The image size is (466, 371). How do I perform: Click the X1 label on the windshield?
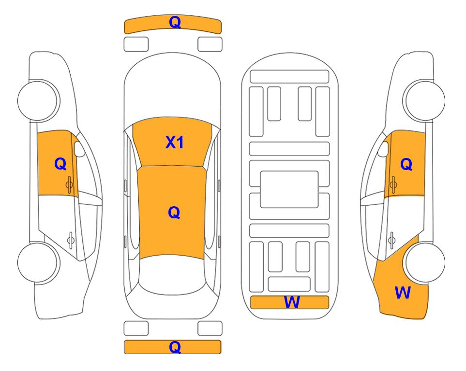coord(175,143)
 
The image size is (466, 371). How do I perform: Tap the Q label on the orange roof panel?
coord(174,213)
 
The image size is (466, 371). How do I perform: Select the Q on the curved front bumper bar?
coord(175,22)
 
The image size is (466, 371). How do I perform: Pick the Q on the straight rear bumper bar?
coord(175,347)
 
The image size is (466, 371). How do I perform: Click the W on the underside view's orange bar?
coord(292,302)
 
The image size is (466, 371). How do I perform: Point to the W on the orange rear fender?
coord(403,293)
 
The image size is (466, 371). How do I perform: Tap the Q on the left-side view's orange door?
coord(60,164)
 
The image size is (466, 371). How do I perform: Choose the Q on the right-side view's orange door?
coord(406,164)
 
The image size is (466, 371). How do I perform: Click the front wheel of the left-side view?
coord(38,100)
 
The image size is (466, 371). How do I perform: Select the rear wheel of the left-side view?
coord(38,263)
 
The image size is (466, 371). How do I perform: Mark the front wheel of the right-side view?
coord(424,100)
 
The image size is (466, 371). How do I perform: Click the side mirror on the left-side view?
coord(79,149)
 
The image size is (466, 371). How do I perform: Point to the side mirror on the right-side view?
coord(383,149)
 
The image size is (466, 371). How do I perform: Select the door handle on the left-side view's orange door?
coord(69,185)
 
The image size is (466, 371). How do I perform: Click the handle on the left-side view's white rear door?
coord(71,240)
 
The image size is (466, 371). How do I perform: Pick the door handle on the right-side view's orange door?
coord(393,185)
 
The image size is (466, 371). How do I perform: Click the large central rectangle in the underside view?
coord(289,189)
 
